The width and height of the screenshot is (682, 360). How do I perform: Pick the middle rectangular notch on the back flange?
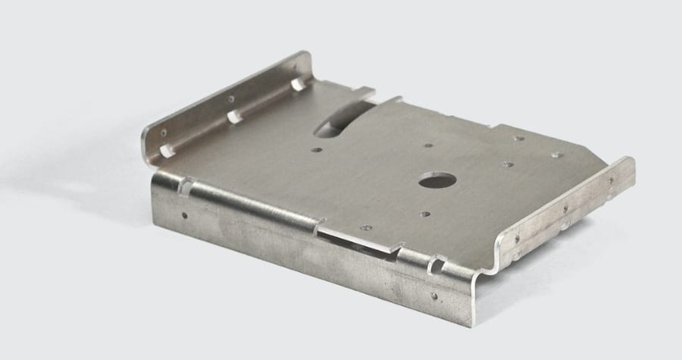[236, 117]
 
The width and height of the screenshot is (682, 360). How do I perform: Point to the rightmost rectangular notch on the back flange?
[299, 83]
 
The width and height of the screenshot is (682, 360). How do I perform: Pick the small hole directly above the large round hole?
[428, 146]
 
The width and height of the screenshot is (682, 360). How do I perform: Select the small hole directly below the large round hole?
[425, 215]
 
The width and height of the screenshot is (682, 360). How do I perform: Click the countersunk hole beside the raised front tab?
[367, 226]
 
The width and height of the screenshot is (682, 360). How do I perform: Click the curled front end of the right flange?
[504, 254]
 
